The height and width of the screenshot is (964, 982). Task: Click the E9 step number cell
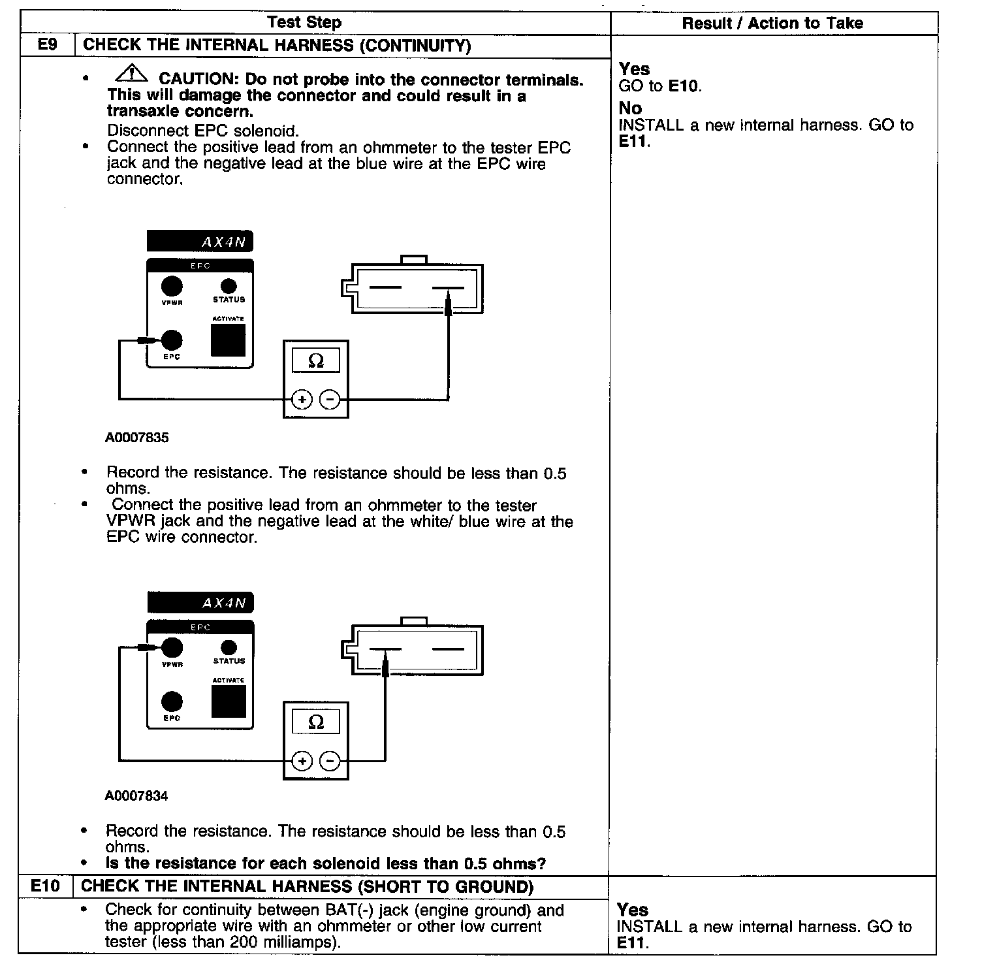48,46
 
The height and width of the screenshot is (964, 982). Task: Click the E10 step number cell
46,886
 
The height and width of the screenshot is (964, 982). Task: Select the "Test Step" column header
304,22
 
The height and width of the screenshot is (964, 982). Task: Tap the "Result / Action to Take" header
772,24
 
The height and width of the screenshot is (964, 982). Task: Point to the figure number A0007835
136,438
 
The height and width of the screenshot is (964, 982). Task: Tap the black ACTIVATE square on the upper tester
228,340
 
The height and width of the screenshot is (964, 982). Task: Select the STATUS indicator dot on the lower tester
229,647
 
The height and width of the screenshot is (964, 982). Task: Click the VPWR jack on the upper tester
172,286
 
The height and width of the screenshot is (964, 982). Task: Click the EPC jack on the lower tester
172,701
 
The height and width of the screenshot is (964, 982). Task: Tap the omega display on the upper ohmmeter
315,361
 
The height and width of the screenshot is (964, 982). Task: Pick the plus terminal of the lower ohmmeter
302,761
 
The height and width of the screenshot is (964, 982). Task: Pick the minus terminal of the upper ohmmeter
331,399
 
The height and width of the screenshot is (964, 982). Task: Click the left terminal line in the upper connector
385,287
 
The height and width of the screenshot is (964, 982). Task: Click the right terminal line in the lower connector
448,649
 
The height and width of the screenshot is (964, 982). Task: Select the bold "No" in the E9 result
630,108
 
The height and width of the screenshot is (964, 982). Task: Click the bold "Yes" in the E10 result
632,910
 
